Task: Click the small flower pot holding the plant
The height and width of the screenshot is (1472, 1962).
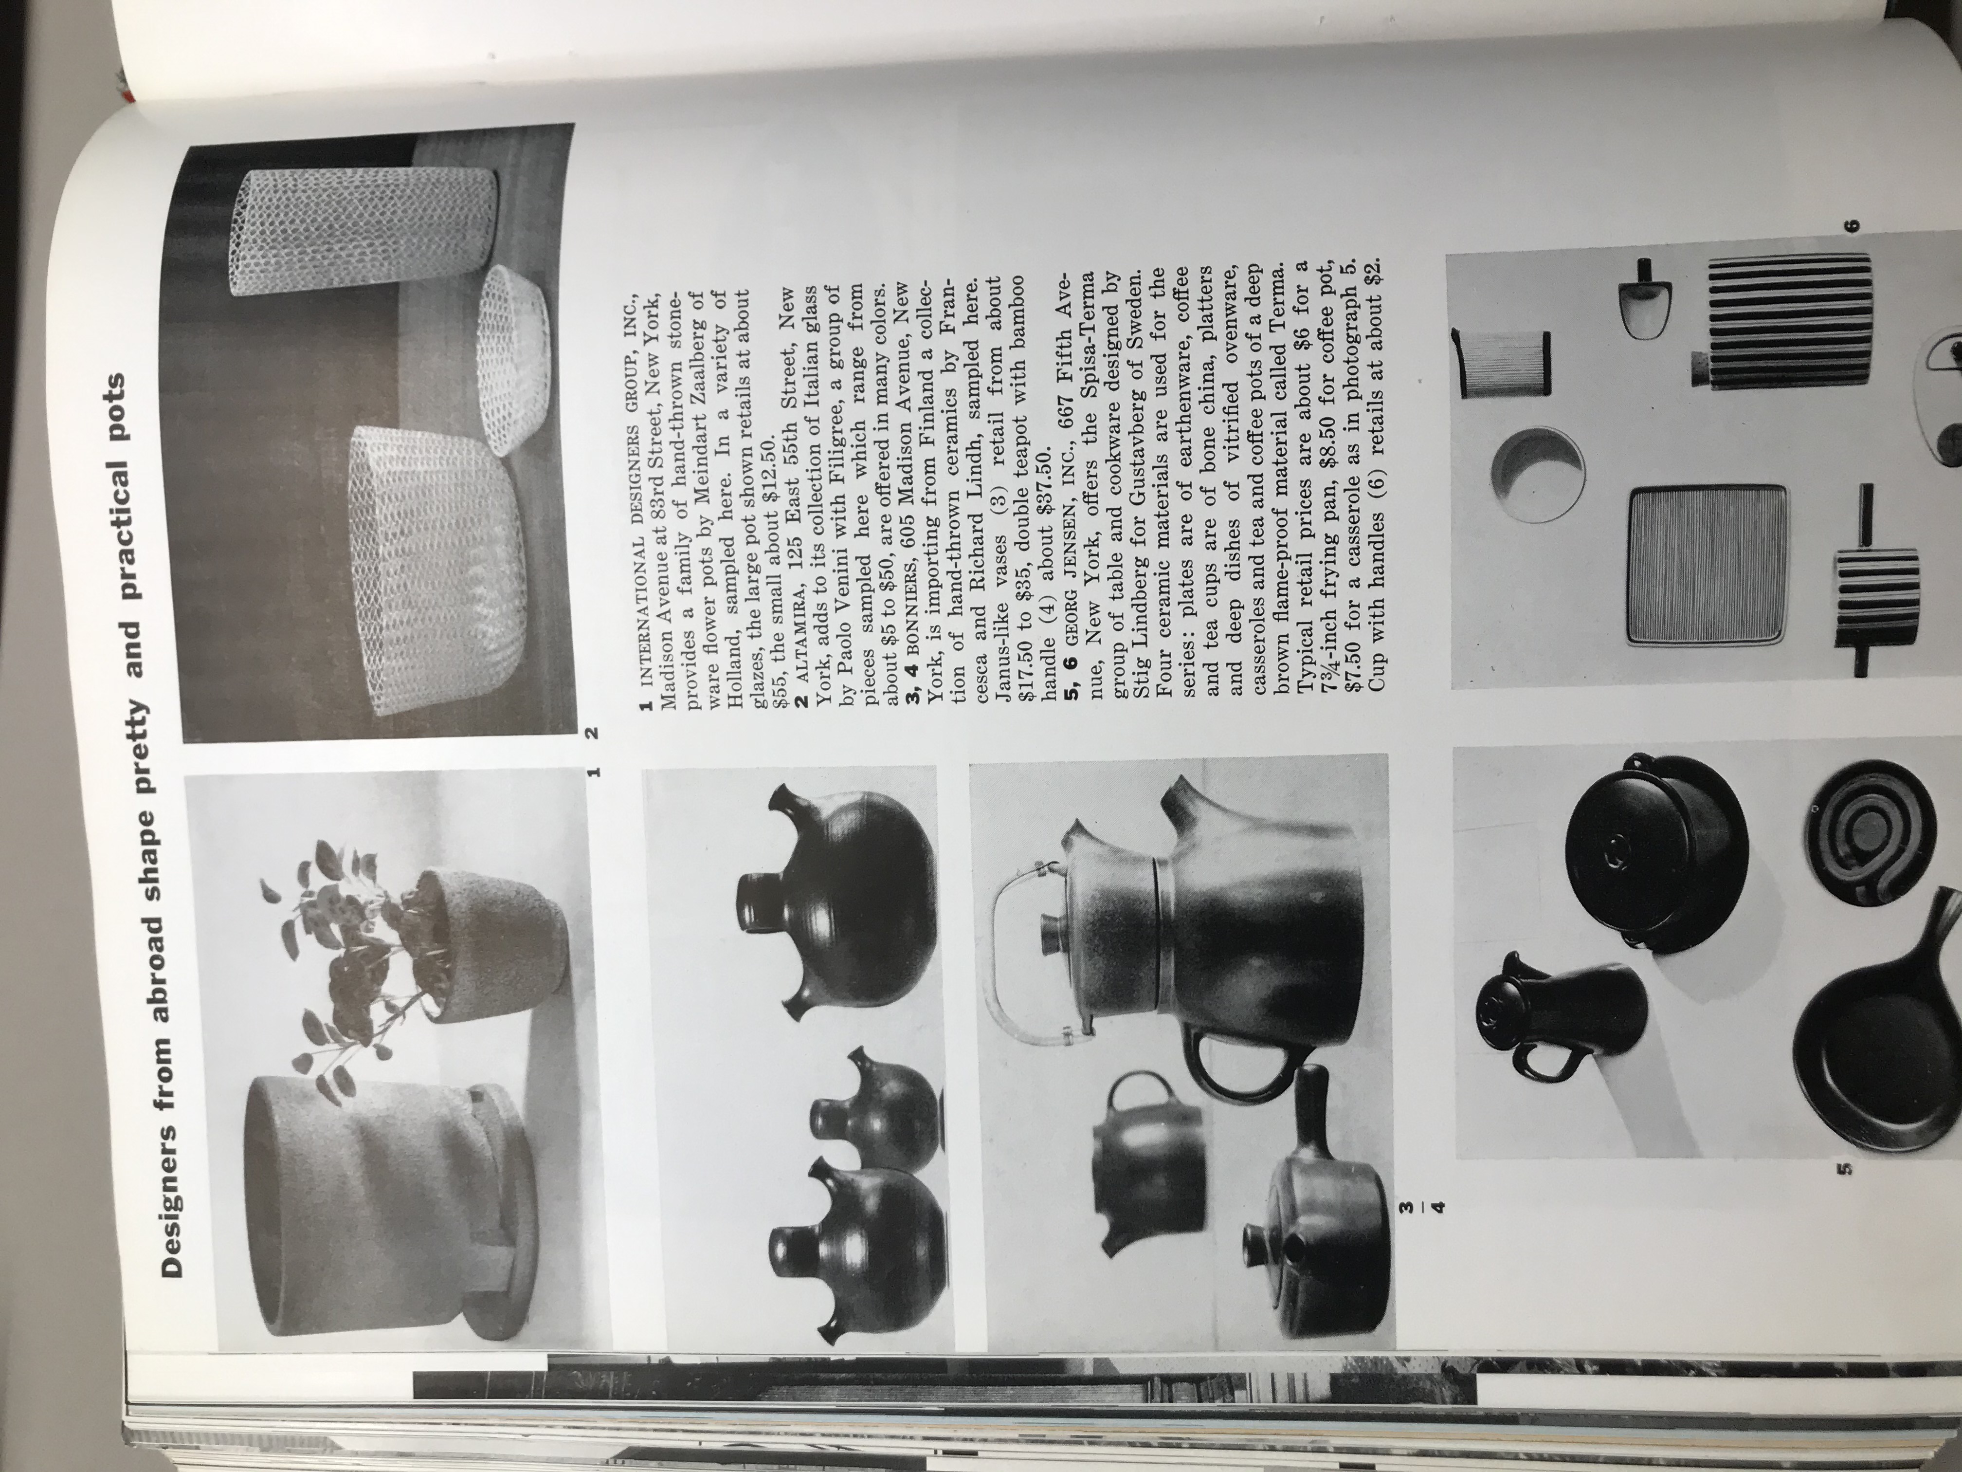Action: (x=492, y=940)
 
